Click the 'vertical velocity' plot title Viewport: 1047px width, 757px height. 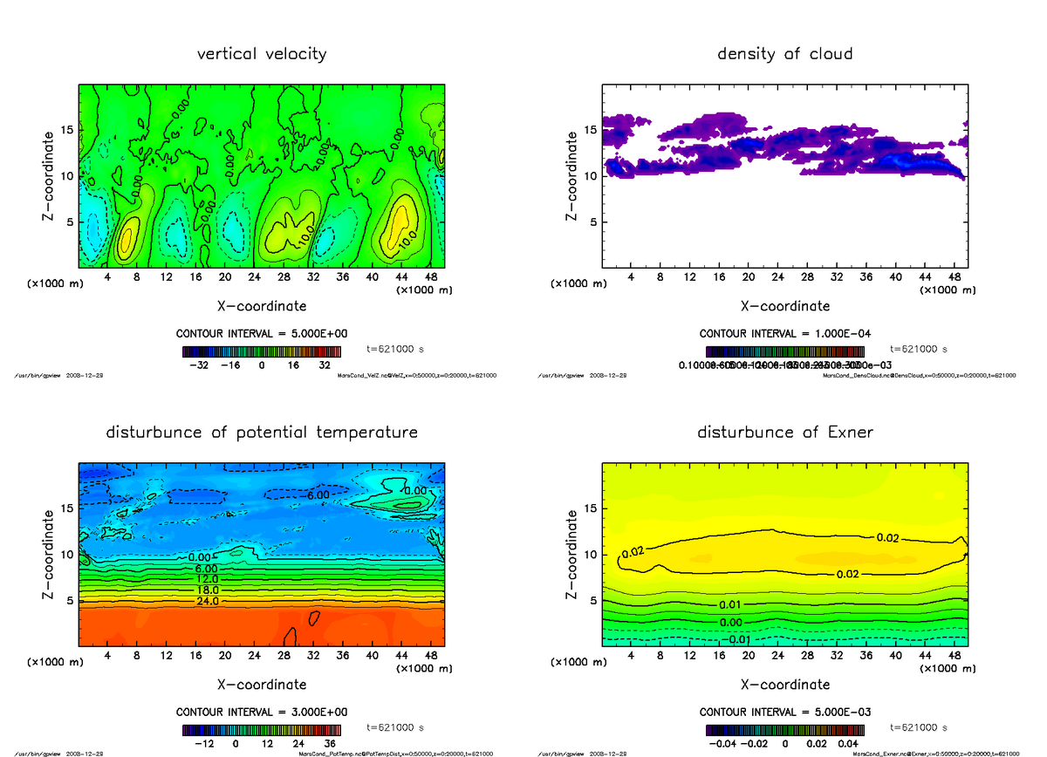262,54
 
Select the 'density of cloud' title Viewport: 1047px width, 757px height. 785,54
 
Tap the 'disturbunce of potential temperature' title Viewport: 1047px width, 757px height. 262,433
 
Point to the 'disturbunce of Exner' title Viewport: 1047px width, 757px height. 785,433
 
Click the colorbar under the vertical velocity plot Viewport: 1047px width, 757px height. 262,352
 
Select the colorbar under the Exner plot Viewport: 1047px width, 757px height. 785,731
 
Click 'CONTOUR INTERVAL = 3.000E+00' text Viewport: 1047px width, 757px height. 262,713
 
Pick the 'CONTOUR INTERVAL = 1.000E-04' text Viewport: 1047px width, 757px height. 785,334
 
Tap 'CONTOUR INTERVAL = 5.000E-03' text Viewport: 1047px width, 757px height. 785,713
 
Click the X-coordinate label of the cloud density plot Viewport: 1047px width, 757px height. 785,306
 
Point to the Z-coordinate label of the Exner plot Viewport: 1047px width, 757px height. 571,554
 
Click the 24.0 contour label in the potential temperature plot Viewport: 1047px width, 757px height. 209,602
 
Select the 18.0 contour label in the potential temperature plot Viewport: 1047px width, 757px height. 209,590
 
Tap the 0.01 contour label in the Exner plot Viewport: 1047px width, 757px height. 731,604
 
